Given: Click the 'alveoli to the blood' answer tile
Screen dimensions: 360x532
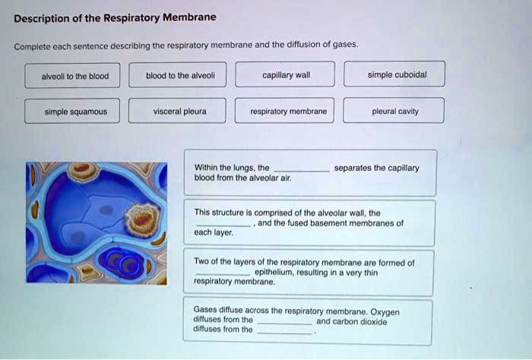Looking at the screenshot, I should pyautogui.click(x=75, y=75).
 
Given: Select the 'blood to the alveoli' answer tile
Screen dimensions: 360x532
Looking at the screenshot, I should pyautogui.click(x=180, y=75).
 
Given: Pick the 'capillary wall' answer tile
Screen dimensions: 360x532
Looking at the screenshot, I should pyautogui.click(x=285, y=75).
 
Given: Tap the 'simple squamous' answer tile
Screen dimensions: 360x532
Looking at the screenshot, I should pyautogui.click(x=75, y=112).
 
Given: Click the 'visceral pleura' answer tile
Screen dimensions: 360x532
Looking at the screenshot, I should pyautogui.click(x=179, y=112).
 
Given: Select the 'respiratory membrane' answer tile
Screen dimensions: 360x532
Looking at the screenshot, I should pyautogui.click(x=288, y=112).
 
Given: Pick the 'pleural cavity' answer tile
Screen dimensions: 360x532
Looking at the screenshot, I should pyautogui.click(x=395, y=112).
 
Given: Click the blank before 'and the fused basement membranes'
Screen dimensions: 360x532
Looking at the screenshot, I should pyautogui.click(x=223, y=225).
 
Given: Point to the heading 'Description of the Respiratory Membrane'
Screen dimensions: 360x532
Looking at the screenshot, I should pyautogui.click(x=115, y=17).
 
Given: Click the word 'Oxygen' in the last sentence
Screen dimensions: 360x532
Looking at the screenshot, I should pyautogui.click(x=385, y=311).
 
